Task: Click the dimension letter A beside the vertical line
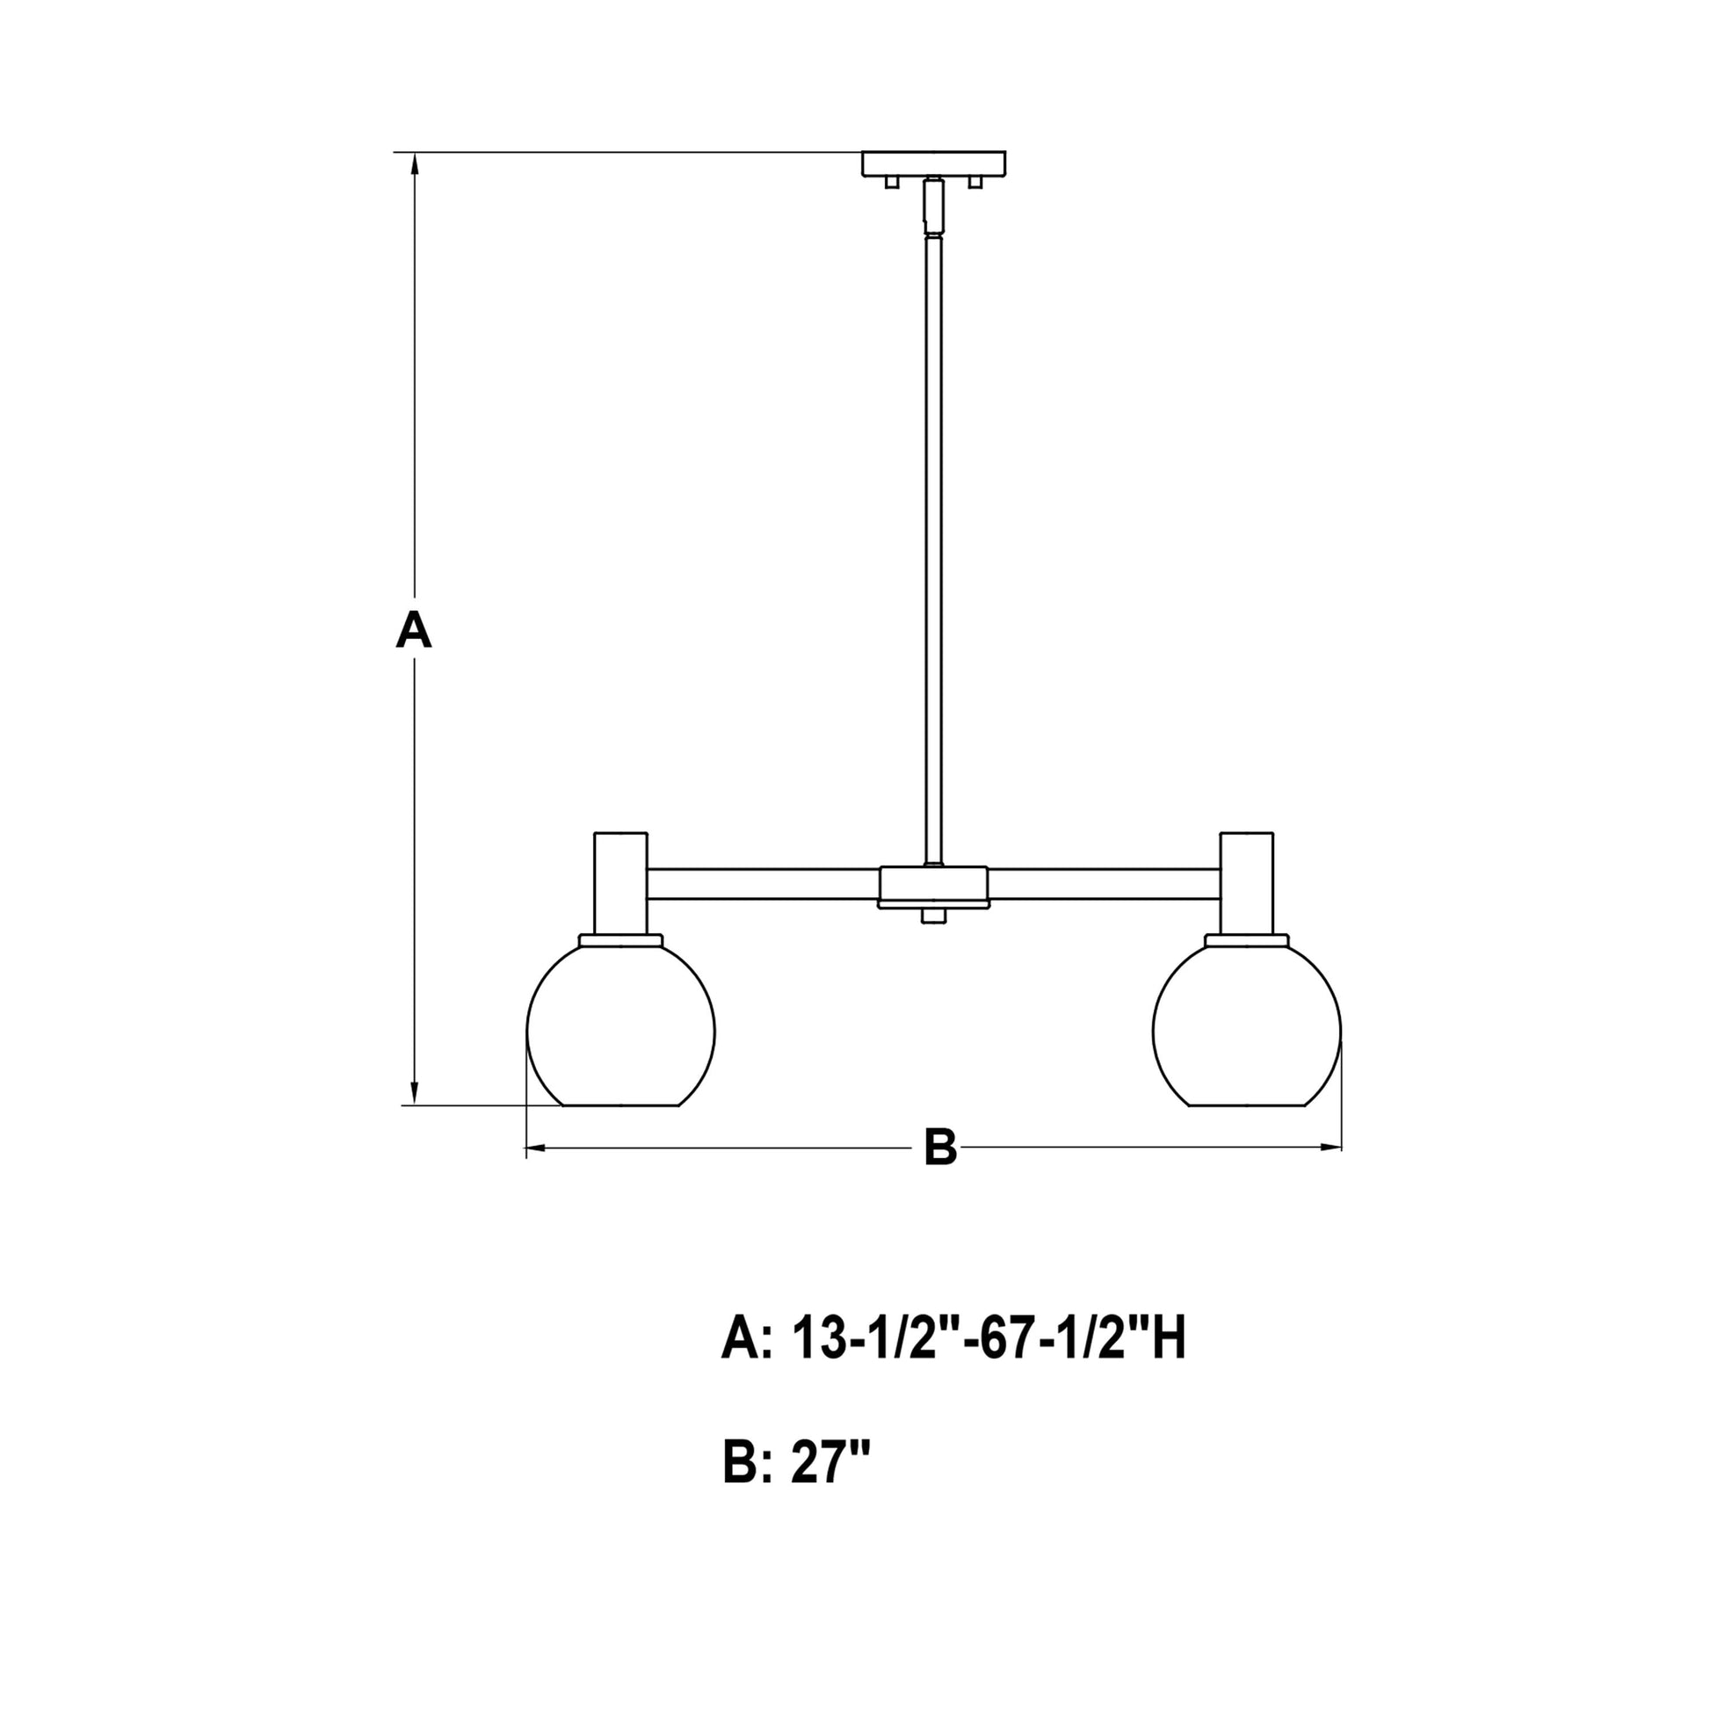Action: pos(413,632)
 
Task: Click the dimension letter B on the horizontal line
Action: pos(940,1148)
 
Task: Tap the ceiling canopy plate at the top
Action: pos(934,163)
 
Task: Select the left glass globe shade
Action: pos(620,1026)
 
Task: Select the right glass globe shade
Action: pos(1246,1026)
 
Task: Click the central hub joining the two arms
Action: pos(933,886)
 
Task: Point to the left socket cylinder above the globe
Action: pos(620,882)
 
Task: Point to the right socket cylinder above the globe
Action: pos(1246,882)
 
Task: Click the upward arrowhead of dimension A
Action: pos(413,164)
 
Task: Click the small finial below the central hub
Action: pos(932,916)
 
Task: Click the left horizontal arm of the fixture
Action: pos(763,884)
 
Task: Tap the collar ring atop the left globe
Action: pos(620,939)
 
